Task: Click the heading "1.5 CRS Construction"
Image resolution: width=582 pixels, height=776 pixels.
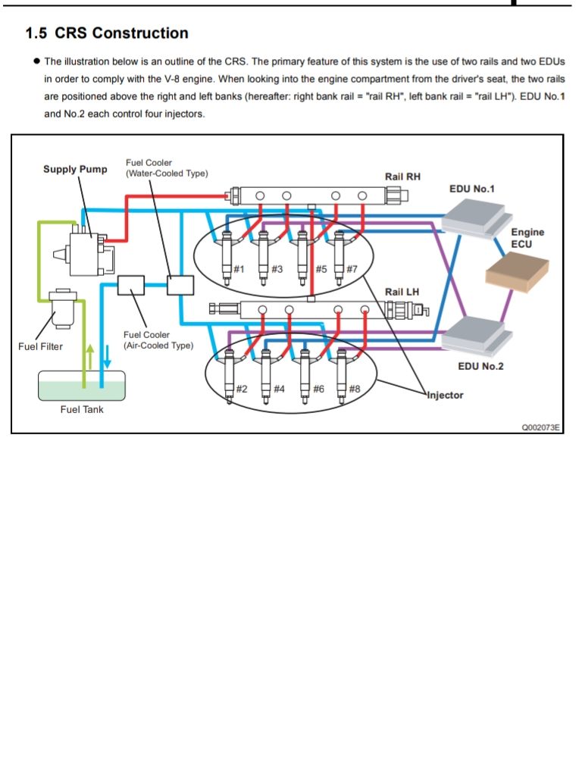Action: [107, 33]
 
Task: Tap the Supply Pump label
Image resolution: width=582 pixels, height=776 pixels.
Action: [75, 169]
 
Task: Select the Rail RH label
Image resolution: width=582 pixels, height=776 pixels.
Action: [402, 177]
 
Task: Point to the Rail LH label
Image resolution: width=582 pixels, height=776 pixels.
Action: [402, 292]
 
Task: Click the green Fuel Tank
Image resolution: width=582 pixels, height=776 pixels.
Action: [82, 387]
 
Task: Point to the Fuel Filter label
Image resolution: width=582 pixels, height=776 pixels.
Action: [41, 346]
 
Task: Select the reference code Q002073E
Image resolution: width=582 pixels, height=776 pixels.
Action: [540, 427]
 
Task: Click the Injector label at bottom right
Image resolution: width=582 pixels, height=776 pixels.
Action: [445, 395]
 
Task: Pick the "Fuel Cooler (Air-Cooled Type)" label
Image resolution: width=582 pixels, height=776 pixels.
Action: [158, 340]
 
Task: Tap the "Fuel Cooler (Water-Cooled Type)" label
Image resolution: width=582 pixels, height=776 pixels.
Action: [166, 168]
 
